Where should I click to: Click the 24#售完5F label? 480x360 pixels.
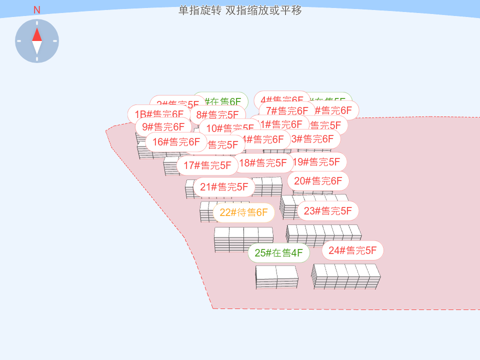(x=352, y=250)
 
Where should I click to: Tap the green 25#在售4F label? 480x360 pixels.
(x=278, y=253)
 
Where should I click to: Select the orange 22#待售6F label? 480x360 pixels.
(x=243, y=212)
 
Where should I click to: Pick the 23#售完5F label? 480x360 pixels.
(x=328, y=211)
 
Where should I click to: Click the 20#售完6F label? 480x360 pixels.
(x=318, y=181)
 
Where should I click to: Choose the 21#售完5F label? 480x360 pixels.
(x=224, y=187)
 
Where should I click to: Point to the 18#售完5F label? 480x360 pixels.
(x=263, y=163)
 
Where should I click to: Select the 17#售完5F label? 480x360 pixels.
(x=207, y=165)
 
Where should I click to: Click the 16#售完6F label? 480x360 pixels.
(x=176, y=142)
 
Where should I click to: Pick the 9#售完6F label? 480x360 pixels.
(x=163, y=127)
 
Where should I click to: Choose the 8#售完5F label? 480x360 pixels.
(x=217, y=115)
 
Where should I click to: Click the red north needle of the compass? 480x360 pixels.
(x=37, y=34)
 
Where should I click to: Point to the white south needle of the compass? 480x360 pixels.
(x=37, y=47)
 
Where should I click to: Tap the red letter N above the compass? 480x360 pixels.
(x=37, y=10)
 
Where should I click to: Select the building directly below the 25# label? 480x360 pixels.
(x=276, y=276)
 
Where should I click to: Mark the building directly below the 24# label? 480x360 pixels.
(x=346, y=276)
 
